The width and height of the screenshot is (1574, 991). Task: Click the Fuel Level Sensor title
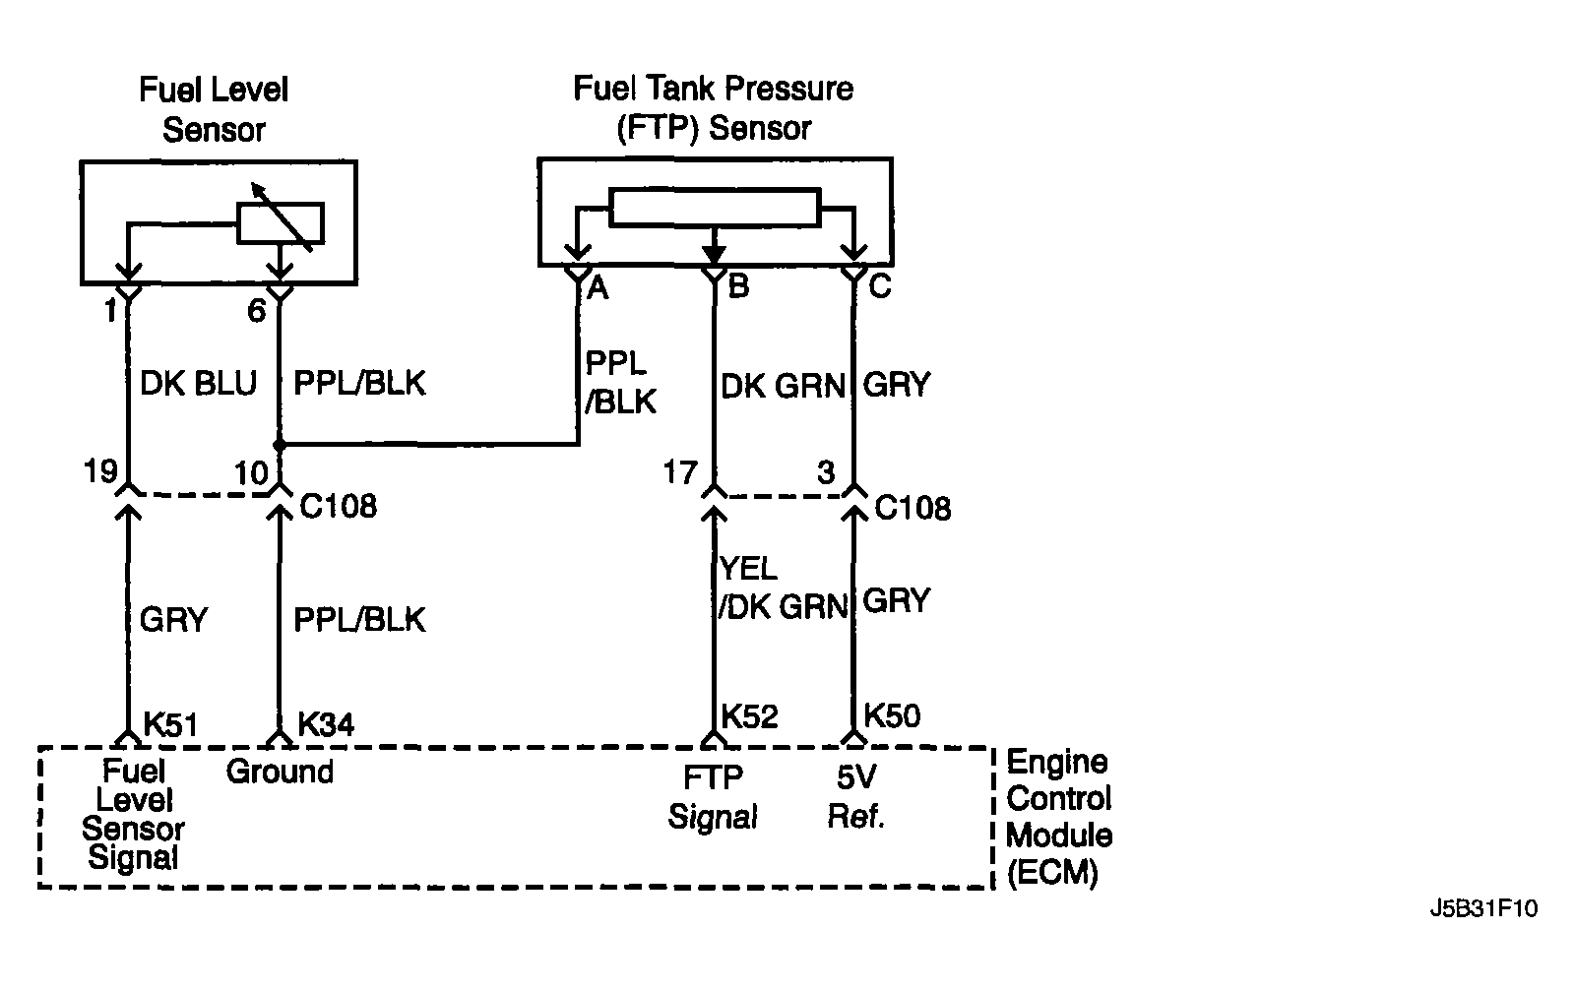tap(214, 109)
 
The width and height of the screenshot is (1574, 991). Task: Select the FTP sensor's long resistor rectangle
tap(715, 208)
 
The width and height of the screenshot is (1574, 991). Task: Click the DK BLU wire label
tap(198, 384)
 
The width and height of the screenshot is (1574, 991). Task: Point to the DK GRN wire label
tap(783, 387)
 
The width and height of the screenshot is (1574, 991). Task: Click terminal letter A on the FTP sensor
tap(598, 288)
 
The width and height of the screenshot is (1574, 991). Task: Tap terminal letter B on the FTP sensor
tap(738, 285)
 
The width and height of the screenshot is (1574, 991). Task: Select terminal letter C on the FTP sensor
tap(880, 285)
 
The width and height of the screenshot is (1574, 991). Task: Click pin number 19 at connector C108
tap(100, 470)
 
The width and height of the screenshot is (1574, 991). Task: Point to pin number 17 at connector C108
tap(679, 472)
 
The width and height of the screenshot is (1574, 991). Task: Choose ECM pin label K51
tap(170, 724)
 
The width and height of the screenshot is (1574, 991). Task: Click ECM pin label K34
tap(326, 724)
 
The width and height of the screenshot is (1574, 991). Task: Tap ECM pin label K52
tap(750, 716)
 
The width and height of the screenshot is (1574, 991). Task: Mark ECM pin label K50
tap(892, 715)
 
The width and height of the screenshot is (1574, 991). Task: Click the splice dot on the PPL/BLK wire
tap(280, 445)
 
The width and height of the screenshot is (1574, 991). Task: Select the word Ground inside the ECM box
tap(280, 772)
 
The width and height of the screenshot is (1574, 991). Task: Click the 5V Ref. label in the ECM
tap(856, 796)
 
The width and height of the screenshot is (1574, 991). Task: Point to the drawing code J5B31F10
tap(1483, 908)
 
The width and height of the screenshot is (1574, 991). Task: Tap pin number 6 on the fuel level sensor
tap(257, 310)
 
